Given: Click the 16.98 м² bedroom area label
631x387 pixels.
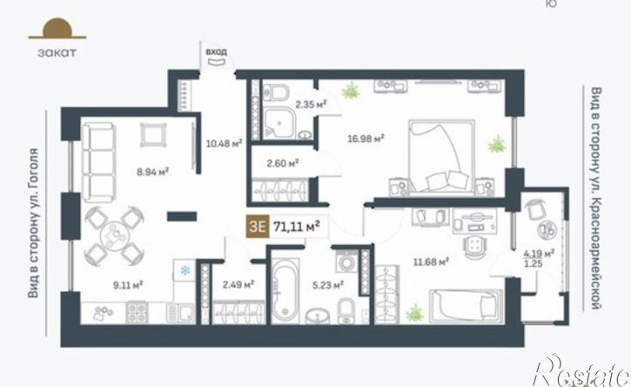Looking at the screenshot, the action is (366, 139).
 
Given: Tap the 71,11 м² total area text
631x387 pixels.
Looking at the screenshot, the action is (297, 227).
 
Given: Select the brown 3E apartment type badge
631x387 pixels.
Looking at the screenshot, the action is (258, 226).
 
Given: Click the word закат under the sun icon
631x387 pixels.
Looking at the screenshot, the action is (57, 53).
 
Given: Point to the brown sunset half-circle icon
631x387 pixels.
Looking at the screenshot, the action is (57, 29).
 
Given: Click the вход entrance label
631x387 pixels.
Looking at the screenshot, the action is (216, 52).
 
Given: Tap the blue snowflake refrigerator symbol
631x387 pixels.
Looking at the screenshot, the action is (185, 270).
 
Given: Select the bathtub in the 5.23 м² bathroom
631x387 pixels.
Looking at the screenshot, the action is (285, 290).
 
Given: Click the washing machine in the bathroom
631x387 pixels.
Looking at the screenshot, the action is (346, 261).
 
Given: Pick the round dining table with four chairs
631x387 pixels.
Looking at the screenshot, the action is (114, 235).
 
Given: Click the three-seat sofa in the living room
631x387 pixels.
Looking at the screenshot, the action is (98, 163).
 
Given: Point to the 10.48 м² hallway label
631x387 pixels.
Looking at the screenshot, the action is (224, 143).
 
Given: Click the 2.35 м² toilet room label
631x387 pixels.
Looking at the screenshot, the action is (311, 105).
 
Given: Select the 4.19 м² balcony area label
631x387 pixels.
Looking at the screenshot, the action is (539, 254).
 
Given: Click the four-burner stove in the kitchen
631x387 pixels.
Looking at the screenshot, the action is (137, 312).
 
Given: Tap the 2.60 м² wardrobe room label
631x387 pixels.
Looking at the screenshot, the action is (283, 163).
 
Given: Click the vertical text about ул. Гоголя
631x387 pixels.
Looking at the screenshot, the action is (33, 223).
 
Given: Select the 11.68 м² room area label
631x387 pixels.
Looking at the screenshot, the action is (431, 262).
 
